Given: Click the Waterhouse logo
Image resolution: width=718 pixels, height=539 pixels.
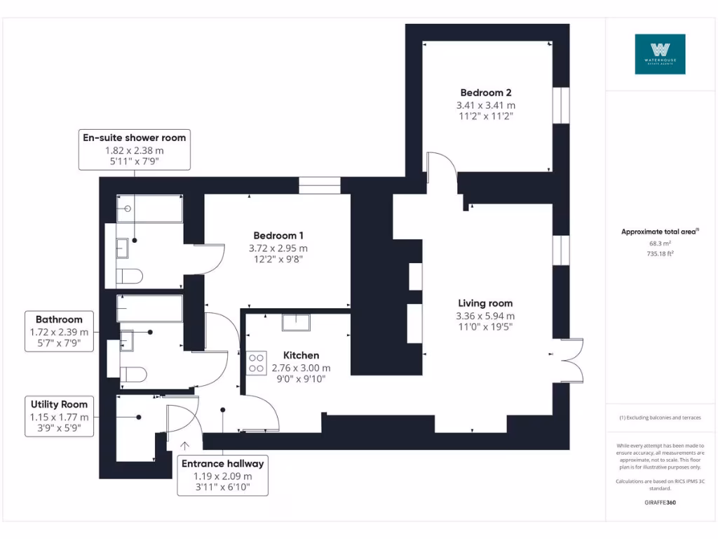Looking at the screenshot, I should (660, 54).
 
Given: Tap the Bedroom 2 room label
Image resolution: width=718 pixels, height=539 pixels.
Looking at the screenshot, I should (485, 93).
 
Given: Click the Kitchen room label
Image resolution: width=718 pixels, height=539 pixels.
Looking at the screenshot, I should (301, 356).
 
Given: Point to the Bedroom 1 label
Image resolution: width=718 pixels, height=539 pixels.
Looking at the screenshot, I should (278, 236).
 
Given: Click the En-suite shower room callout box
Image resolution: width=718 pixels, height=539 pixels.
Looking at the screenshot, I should (134, 149).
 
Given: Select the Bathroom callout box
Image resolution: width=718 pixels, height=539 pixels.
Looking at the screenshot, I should (60, 331).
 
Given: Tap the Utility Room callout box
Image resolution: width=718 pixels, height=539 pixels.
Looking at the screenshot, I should (60, 416).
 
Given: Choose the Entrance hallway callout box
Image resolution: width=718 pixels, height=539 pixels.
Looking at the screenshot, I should (222, 475).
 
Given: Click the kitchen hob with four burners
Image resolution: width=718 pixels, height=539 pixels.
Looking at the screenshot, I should (256, 363).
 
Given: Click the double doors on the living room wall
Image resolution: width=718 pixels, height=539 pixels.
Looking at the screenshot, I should (571, 361).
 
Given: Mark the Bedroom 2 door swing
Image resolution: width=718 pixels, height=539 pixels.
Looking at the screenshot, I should (442, 166).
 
